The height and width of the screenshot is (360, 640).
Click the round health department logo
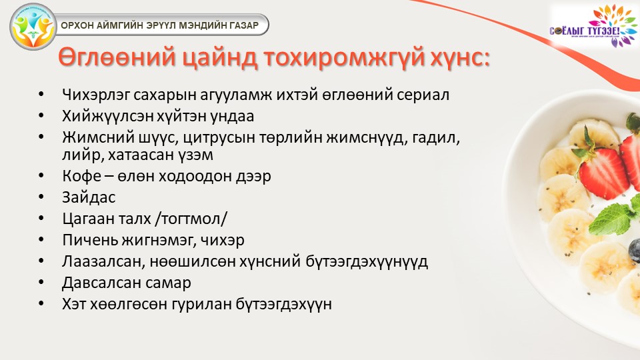pos(33,27)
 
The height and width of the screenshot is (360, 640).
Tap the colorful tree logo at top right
pos(594,26)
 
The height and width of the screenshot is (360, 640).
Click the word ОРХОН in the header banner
pos(77,25)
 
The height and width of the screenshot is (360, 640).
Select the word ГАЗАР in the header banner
pos(244,25)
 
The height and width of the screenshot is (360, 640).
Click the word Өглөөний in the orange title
pos(117,57)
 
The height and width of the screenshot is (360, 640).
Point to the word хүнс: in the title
pos(461,58)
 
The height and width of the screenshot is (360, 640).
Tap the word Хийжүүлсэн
pos(109,116)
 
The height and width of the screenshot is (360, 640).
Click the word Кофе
pos(81,176)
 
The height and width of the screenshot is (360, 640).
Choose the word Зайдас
pos(89,197)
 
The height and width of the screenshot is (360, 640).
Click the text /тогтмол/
pos(191,219)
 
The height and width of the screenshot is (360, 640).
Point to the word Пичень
pos(90,240)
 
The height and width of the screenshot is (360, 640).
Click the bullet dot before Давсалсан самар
pos(41,283)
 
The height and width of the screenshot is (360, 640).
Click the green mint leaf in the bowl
pos(611,219)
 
